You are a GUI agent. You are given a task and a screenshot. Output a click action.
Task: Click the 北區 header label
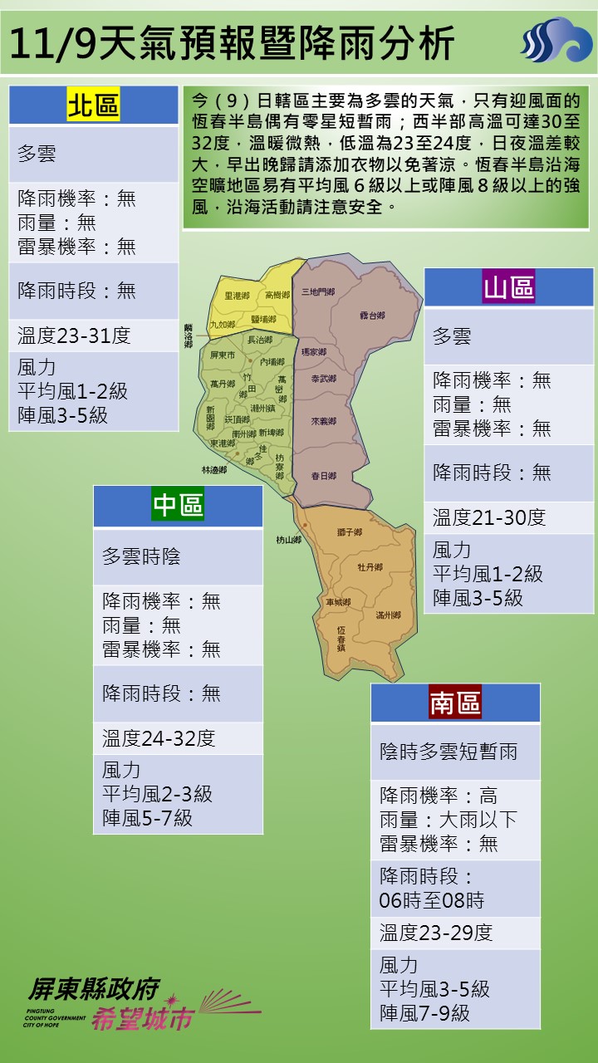[93, 105]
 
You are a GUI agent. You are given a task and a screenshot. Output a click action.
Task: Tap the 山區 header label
[509, 287]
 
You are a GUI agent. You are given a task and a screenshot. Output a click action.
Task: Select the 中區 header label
[178, 505]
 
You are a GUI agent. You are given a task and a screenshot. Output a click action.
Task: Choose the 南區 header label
[455, 703]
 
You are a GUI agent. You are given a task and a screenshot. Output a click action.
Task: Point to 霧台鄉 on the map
[372, 316]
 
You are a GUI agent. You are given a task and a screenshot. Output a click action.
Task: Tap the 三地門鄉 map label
[318, 291]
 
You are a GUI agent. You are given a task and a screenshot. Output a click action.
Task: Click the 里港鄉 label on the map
[238, 296]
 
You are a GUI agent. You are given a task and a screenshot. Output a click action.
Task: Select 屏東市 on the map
[223, 355]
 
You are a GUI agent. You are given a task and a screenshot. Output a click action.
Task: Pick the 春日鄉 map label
[323, 476]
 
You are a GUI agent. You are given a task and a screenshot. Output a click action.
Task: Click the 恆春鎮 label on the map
[341, 638]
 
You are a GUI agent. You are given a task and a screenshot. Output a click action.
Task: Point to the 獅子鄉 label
[350, 532]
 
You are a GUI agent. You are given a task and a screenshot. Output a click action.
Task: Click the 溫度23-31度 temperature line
[74, 336]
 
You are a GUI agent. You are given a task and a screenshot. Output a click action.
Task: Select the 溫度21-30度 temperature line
[489, 517]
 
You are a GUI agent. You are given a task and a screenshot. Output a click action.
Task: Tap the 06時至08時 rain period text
[432, 900]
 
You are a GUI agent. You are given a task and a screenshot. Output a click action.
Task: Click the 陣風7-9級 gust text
[424, 1013]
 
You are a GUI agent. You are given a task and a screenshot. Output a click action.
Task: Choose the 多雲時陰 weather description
[141, 556]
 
